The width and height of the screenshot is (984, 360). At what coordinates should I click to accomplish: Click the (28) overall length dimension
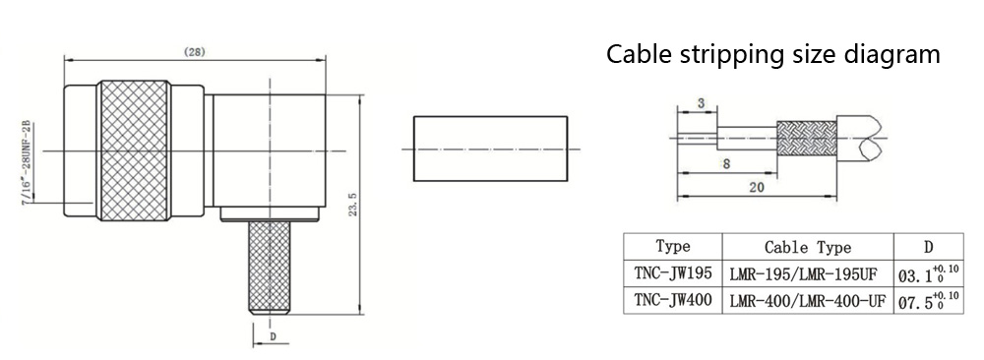[195, 52]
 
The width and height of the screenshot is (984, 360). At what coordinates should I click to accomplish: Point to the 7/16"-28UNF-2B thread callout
[29, 164]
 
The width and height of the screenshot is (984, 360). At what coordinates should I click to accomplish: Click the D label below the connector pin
[273, 336]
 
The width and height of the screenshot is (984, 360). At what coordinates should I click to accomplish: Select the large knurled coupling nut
[136, 150]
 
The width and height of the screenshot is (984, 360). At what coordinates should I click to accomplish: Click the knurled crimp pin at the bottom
[270, 268]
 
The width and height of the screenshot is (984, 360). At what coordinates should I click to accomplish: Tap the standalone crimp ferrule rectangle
[490, 149]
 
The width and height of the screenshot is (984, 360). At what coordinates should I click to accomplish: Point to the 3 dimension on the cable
[701, 103]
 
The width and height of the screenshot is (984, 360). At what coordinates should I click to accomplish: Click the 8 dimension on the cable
[726, 164]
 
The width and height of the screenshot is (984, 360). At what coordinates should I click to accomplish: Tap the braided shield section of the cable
[807, 139]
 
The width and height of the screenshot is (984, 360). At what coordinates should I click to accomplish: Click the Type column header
[672, 246]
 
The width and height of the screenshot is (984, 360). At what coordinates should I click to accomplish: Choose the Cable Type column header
[807, 247]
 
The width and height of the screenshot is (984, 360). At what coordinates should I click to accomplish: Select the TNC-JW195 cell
[672, 273]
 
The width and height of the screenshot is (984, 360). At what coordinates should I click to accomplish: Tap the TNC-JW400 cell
[672, 300]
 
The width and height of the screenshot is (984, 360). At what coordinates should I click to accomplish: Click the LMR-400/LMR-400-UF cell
[808, 301]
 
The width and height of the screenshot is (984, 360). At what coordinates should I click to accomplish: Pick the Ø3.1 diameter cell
[929, 273]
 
